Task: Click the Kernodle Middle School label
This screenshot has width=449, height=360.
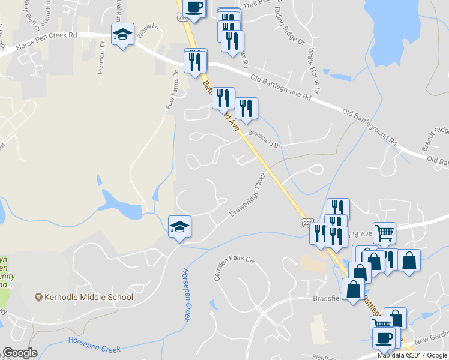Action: click(x=88, y=297)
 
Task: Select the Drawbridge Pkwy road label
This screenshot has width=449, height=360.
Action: click(x=247, y=196)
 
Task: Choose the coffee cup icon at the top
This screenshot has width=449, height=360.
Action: click(x=194, y=7)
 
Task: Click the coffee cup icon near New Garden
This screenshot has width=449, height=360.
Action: click(x=384, y=337)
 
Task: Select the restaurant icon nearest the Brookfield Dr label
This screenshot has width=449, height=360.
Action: click(x=246, y=108)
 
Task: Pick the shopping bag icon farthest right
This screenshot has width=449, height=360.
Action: click(x=409, y=260)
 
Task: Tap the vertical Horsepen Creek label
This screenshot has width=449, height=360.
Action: click(x=186, y=294)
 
